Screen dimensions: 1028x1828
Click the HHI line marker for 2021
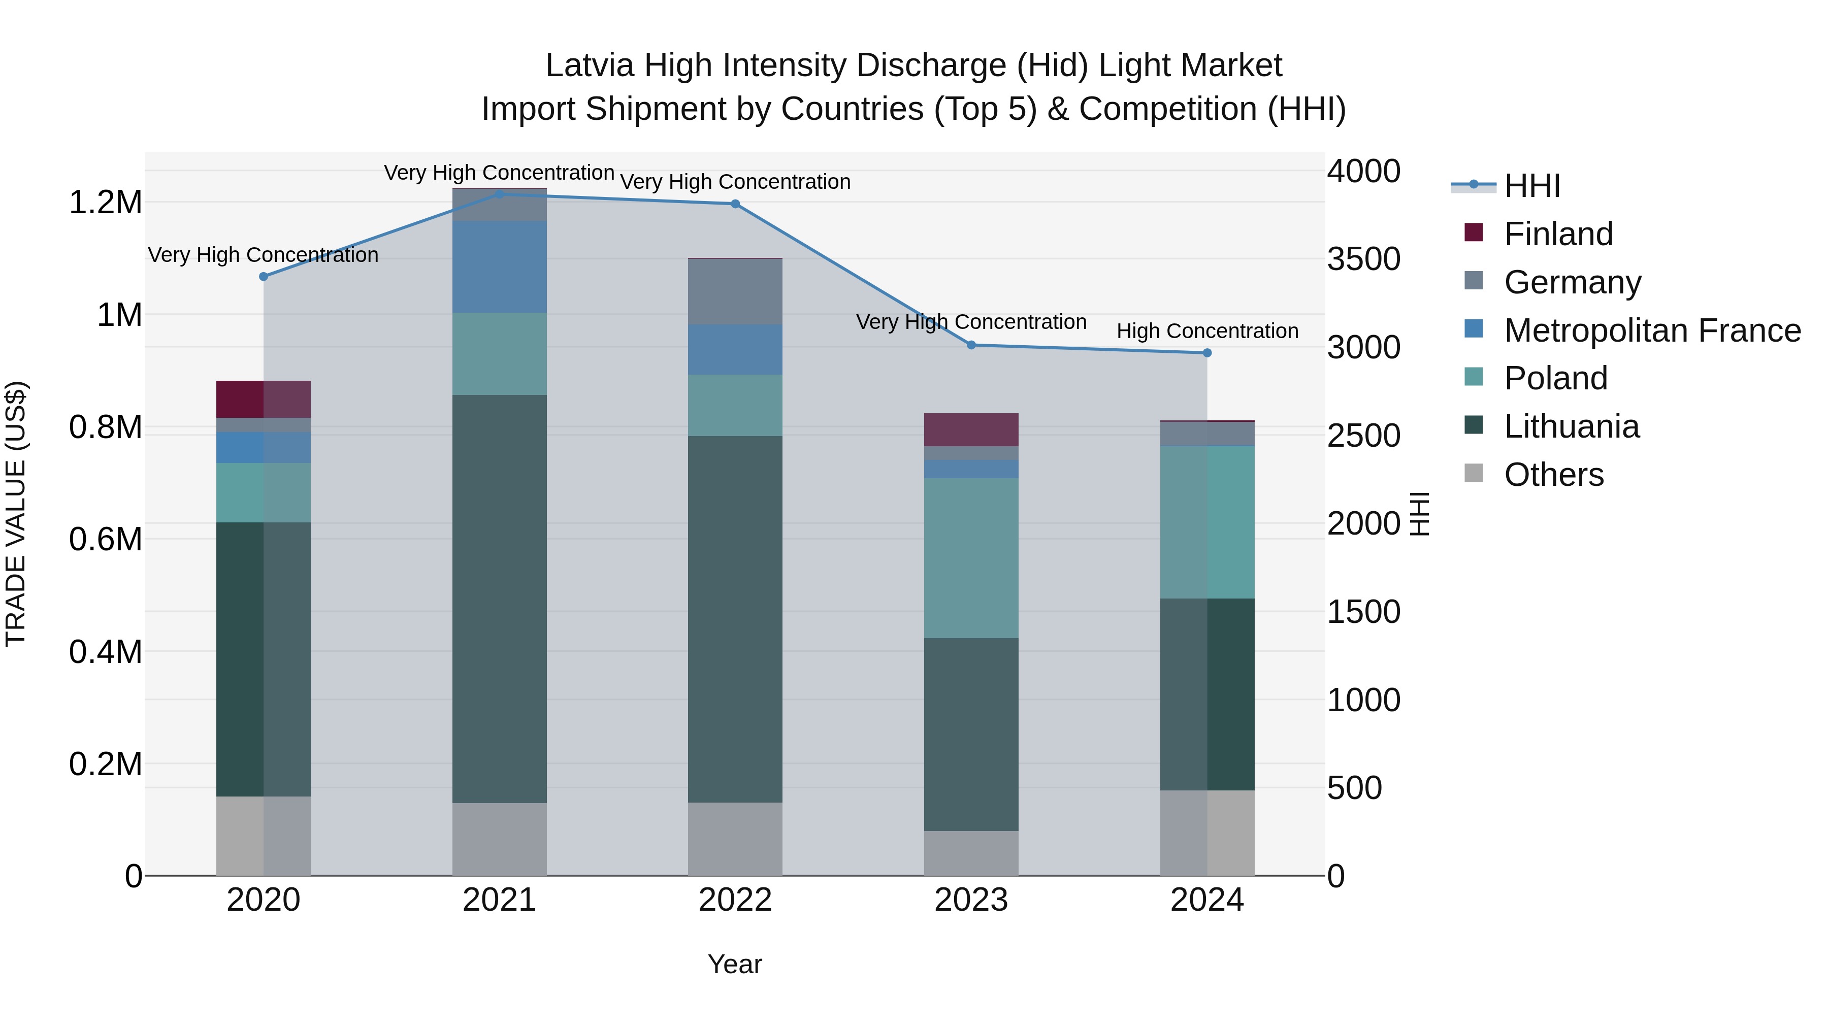point(500,194)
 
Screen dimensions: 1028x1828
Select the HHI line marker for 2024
point(1207,353)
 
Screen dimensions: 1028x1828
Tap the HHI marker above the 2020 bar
point(263,277)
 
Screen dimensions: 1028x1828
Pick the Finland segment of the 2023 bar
point(971,430)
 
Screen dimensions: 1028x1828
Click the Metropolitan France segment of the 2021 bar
point(500,267)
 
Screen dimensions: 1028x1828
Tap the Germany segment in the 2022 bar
point(735,291)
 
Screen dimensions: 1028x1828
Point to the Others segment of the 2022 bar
point(735,839)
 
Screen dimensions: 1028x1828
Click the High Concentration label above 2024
point(1207,331)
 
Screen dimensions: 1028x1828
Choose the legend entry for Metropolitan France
point(1652,330)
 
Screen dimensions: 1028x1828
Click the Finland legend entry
point(1558,234)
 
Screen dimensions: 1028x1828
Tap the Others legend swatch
point(1474,474)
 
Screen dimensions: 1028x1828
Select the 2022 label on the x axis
point(735,900)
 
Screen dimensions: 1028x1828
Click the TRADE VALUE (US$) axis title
point(16,514)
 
